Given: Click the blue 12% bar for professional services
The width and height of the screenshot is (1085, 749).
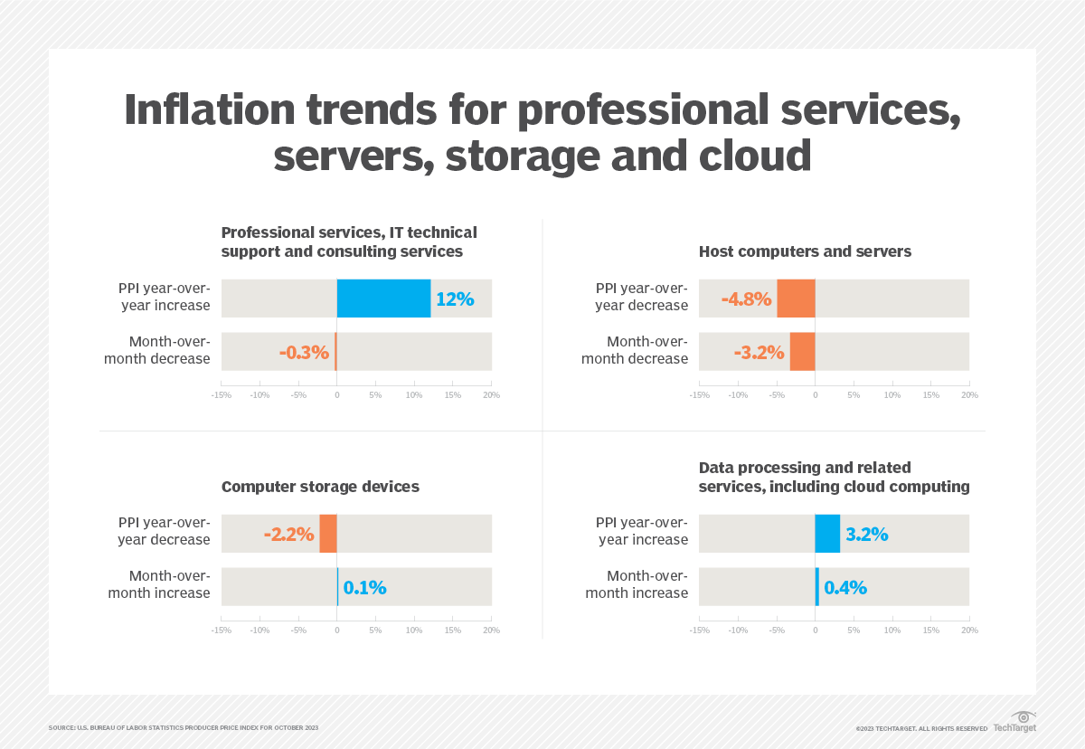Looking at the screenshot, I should [383, 299].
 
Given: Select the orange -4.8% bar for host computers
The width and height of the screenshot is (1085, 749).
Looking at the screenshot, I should [796, 299].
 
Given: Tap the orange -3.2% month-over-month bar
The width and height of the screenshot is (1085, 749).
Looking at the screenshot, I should [802, 352].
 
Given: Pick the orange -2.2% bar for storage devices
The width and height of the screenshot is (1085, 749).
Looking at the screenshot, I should [327, 534].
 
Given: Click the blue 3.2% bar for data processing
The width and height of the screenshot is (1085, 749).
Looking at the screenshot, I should [827, 534].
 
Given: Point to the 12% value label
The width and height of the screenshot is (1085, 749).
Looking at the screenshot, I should [455, 299].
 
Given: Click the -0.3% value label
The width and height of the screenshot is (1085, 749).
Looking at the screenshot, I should [304, 352].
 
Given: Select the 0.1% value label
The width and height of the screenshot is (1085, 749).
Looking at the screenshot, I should [364, 587].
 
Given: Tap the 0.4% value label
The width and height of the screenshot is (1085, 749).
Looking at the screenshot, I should [844, 587].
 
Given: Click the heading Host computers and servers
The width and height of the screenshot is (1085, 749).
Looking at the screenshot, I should [805, 251].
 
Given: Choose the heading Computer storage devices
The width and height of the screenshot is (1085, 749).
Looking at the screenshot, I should [320, 487].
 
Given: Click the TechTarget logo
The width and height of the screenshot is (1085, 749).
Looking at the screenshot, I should [1014, 723].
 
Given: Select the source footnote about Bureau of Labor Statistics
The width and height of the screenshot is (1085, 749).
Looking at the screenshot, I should [184, 727].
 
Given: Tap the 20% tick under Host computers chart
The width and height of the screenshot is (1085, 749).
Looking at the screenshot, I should [969, 395].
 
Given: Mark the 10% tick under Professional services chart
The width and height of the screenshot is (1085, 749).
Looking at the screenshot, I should [414, 395].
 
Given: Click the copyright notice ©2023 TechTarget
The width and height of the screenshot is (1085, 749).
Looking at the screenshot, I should [921, 728].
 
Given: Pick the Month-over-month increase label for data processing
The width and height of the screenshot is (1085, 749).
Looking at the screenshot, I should [637, 584].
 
